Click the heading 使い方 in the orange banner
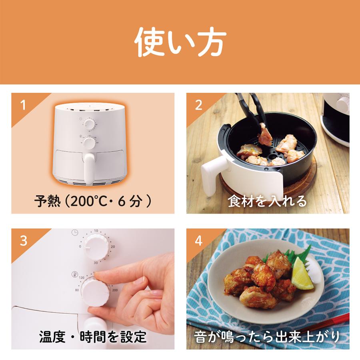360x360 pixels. click(180, 42)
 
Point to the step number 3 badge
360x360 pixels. click(24, 241)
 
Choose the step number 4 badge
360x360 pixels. click(198, 241)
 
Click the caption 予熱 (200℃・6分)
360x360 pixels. click(93, 201)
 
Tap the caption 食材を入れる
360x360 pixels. click(267, 201)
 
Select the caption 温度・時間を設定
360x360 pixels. click(93, 337)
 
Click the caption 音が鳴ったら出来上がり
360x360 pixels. click(267, 337)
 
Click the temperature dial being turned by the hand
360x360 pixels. click(95, 292)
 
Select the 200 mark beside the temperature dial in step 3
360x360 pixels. click(115, 290)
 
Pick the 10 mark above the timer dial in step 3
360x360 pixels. click(96, 231)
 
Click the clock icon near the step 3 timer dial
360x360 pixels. click(75, 232)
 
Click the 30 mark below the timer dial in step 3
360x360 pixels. click(96, 263)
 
